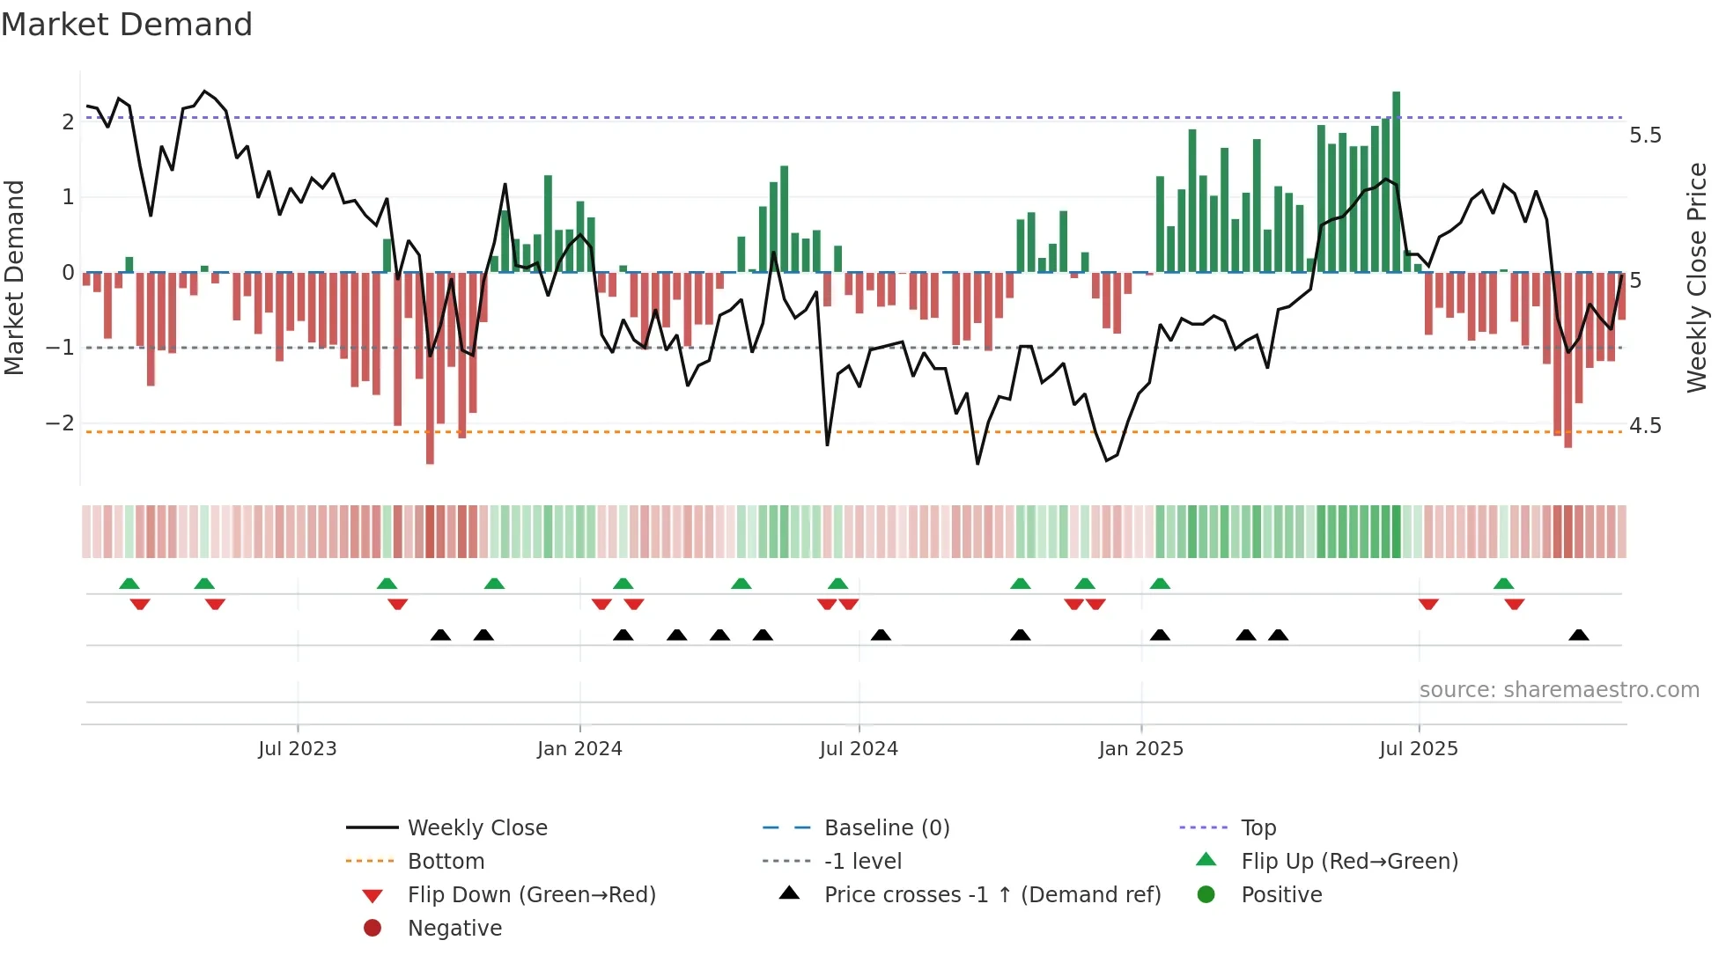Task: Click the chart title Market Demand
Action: [x=127, y=25]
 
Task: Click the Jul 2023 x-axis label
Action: [x=297, y=749]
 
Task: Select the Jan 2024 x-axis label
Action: [x=579, y=749]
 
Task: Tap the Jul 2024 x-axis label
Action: [x=859, y=749]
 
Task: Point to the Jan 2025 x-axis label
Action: [x=1140, y=749]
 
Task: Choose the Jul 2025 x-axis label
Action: [x=1418, y=749]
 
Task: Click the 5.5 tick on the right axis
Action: [x=1644, y=136]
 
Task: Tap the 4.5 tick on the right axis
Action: [x=1644, y=426]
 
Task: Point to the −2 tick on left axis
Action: [x=60, y=423]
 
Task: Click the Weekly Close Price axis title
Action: [x=1696, y=277]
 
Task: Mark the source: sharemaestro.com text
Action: [x=1559, y=690]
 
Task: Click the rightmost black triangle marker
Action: [x=1579, y=636]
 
